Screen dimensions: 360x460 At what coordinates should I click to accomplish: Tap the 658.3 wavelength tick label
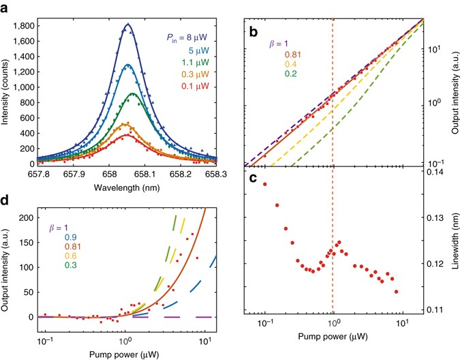[x=217, y=175]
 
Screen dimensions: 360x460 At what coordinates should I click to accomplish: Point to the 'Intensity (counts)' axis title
[x=6, y=92]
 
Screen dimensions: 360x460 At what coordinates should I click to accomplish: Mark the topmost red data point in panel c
[x=264, y=184]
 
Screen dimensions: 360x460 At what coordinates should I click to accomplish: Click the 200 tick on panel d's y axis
[x=26, y=217]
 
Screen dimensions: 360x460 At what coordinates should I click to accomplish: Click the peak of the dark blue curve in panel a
[x=127, y=24]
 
